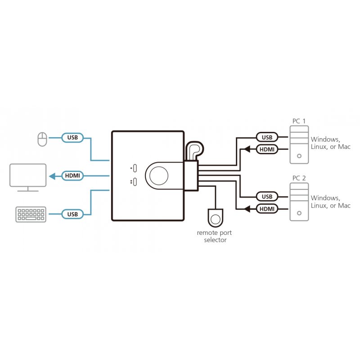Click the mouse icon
[x=42, y=139]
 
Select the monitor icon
[x=28, y=177]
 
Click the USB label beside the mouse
[x=72, y=138]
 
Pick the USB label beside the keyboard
[x=72, y=214]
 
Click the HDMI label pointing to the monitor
[x=72, y=176]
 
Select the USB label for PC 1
[x=267, y=137]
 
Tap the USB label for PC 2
[x=267, y=197]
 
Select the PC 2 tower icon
[x=298, y=202]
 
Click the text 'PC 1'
[x=298, y=121]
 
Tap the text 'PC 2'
[x=298, y=179]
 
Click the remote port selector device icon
[x=216, y=218]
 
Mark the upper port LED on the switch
[x=134, y=168]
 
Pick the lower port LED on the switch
[x=134, y=182]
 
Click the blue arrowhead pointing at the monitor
[x=52, y=176]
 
